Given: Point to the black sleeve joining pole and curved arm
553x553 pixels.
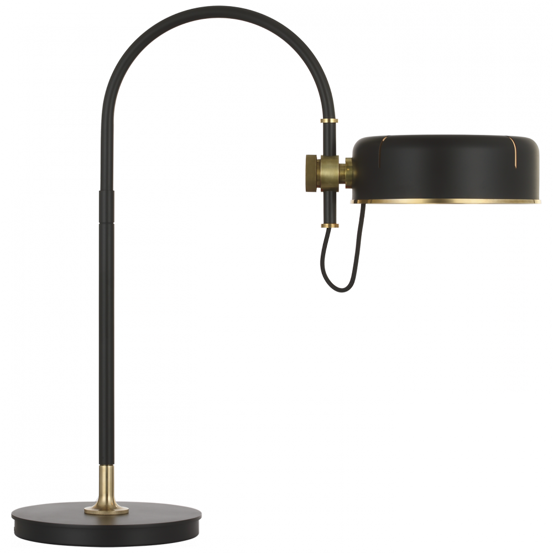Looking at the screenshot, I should pyautogui.click(x=106, y=205).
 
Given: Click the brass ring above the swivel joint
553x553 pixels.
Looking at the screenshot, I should pyautogui.click(x=330, y=121).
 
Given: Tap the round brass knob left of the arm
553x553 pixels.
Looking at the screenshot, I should pyautogui.click(x=311, y=173).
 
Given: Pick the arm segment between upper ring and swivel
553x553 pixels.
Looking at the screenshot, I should pyautogui.click(x=330, y=138).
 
